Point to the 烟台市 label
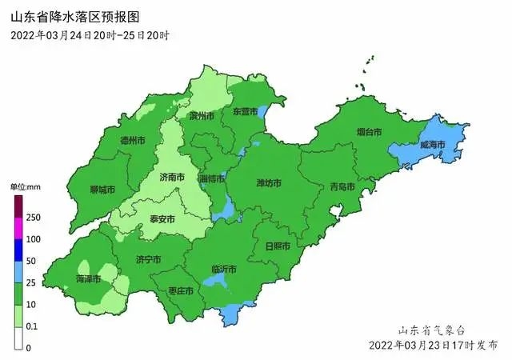click(x=369, y=131)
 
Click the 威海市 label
click(x=433, y=145)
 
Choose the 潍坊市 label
click(x=268, y=183)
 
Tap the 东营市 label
click(x=245, y=114)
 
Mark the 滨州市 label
click(x=202, y=116)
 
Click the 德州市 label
click(x=133, y=140)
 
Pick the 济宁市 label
click(x=148, y=259)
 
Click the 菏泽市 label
click(x=88, y=279)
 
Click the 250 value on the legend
click(x=34, y=218)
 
